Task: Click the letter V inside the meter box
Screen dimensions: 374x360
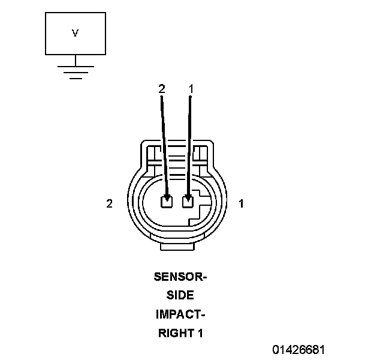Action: (75, 34)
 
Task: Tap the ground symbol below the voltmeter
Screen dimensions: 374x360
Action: (75, 73)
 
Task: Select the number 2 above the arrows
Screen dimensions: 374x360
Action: (161, 89)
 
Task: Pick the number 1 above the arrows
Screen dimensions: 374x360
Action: (191, 89)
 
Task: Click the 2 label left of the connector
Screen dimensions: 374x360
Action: (109, 204)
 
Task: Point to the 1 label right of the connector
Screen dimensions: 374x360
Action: (241, 204)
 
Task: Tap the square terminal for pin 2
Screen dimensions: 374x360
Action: (167, 202)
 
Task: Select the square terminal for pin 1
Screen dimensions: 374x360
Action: (188, 202)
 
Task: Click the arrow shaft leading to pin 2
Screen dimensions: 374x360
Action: (164, 144)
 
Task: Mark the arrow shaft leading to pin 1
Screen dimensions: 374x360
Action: (190, 144)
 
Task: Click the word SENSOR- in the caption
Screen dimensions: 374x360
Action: (180, 277)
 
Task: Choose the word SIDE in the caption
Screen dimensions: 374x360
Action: (180, 296)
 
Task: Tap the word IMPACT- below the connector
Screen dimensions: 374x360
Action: (180, 314)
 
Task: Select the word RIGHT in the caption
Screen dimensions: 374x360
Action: (174, 333)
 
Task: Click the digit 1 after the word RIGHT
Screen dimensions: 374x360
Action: (200, 333)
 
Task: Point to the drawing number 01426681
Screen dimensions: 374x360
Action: (300, 349)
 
